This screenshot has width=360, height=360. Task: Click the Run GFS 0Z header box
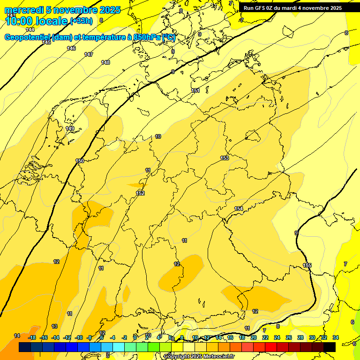click(x=292, y=7)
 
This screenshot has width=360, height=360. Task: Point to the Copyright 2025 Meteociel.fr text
click(x=199, y=356)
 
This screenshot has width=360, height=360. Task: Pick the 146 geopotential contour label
click(x=71, y=48)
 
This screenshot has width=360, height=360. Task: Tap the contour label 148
click(x=105, y=62)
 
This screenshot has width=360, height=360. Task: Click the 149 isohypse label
click(x=70, y=128)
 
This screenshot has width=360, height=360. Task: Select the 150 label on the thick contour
click(x=80, y=161)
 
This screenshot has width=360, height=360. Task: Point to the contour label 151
click(x=195, y=90)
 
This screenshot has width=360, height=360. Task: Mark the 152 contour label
click(x=140, y=193)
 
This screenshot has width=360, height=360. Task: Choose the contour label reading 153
click(x=225, y=158)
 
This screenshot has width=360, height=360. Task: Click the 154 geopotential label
click(x=239, y=209)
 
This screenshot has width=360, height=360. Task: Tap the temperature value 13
click(x=54, y=326)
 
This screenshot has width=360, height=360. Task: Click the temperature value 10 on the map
click(x=158, y=136)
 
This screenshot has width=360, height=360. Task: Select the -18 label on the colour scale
click(x=32, y=337)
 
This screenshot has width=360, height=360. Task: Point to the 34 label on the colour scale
click(x=336, y=337)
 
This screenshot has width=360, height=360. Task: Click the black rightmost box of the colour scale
click(x=330, y=347)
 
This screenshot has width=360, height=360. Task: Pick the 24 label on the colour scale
click(x=277, y=337)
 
